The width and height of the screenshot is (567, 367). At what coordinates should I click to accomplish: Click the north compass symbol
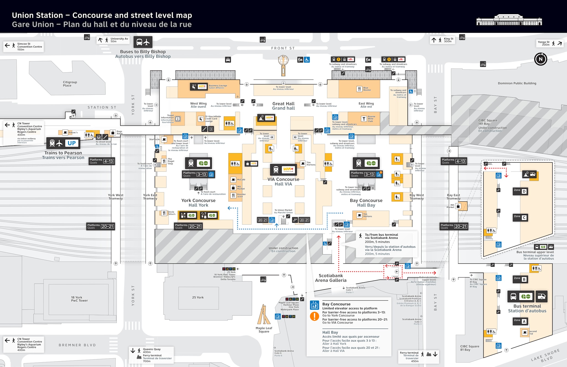(x=540, y=59)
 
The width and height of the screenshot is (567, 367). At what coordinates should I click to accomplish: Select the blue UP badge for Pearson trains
(x=71, y=143)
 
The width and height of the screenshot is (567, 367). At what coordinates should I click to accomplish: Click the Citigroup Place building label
(x=70, y=84)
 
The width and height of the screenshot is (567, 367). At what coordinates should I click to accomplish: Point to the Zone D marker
(x=520, y=191)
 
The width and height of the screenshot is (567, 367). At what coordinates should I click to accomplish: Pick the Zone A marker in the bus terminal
(x=520, y=321)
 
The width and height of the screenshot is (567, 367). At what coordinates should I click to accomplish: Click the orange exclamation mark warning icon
(x=315, y=316)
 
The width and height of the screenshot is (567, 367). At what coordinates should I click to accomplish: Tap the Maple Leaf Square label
(x=264, y=330)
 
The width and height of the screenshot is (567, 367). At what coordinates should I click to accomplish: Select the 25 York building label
(x=198, y=297)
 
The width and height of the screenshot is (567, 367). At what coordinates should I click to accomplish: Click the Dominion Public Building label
(x=517, y=83)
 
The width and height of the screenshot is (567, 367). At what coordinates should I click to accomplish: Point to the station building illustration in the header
(x=509, y=20)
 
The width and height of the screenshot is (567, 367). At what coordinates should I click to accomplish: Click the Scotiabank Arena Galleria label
(x=331, y=278)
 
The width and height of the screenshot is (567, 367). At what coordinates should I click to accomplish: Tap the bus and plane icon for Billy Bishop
(x=143, y=42)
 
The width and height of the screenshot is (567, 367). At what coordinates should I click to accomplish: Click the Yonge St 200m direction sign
(x=550, y=43)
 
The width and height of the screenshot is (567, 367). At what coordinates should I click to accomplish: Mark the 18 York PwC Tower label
(x=79, y=299)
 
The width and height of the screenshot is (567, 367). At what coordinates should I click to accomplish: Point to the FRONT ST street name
(x=283, y=48)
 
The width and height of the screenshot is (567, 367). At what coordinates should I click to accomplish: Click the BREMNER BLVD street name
(x=77, y=345)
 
